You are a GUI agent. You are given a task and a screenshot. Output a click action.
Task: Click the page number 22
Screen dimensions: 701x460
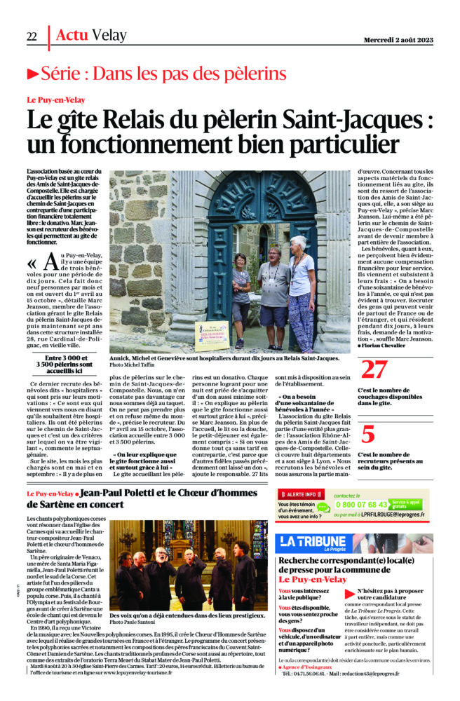32,36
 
